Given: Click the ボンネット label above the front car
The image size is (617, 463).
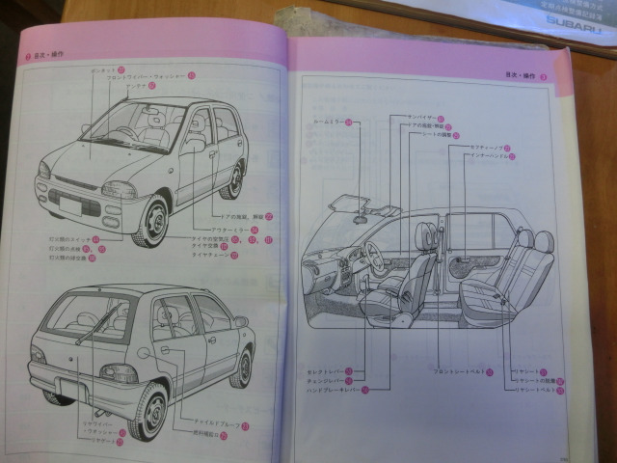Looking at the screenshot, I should tap(102, 70).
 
